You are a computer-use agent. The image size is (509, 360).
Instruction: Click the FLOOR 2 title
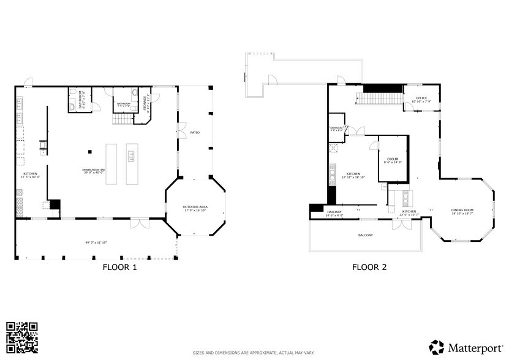coord(369,267)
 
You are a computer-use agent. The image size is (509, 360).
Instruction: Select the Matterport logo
coord(466,347)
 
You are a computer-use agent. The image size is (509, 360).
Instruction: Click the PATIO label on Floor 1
coord(195,132)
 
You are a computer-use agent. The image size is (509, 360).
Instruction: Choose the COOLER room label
coord(392,160)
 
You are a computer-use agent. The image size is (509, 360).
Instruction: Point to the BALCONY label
coord(365,235)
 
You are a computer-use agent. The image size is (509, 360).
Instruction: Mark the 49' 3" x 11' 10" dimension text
coord(96,242)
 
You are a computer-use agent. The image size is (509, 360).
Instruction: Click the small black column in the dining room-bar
coord(89,151)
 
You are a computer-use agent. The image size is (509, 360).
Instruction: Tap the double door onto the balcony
coord(402,224)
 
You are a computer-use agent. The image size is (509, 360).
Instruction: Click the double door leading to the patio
coord(181,130)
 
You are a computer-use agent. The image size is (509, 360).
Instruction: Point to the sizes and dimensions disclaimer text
coord(254,353)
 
